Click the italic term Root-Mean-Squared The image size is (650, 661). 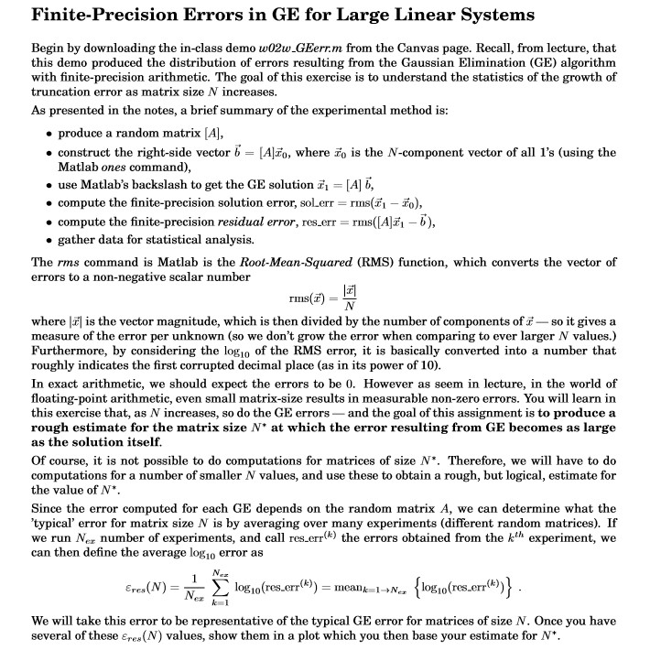tap(290, 262)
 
